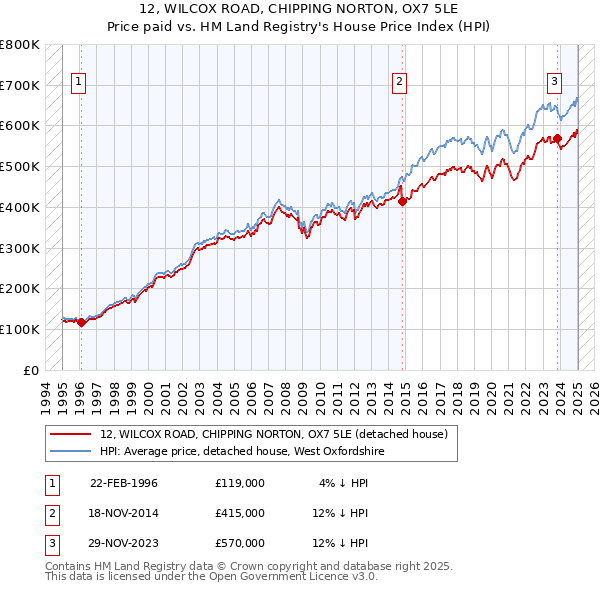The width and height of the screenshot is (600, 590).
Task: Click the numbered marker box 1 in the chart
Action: (79, 83)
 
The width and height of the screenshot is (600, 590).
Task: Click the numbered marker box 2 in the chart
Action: (399, 83)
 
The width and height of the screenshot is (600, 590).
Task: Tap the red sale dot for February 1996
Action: (81, 322)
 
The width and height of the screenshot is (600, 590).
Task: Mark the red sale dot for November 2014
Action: (403, 201)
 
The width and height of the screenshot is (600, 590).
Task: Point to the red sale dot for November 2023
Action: (558, 138)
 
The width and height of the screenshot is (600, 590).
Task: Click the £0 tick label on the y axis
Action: (31, 370)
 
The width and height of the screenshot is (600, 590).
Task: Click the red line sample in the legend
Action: (70, 434)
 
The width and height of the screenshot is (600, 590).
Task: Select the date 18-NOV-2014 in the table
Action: (124, 513)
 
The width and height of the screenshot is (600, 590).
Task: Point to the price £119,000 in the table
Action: (239, 483)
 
